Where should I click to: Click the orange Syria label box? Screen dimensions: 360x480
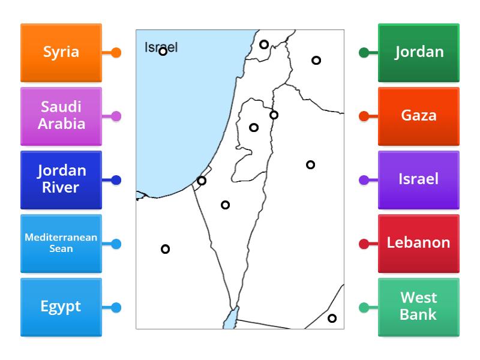pyautogui.click(x=61, y=52)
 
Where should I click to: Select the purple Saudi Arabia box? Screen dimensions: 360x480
pyautogui.click(x=61, y=116)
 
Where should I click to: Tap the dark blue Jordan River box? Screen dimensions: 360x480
pyautogui.click(x=61, y=179)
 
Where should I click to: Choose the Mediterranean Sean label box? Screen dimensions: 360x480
pyautogui.click(x=61, y=243)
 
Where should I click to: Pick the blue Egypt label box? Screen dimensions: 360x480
pyautogui.click(x=61, y=307)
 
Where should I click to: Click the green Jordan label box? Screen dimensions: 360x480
pyautogui.click(x=419, y=52)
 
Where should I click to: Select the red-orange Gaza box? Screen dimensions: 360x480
pyautogui.click(x=419, y=116)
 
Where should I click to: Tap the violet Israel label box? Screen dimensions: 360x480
pyautogui.click(x=419, y=179)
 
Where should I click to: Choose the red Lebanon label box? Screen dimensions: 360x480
pyautogui.click(x=419, y=243)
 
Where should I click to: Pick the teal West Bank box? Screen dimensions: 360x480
pyautogui.click(x=419, y=307)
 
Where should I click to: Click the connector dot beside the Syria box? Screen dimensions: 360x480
pyautogui.click(x=116, y=53)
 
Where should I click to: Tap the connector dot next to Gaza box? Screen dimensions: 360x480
pyautogui.click(x=364, y=116)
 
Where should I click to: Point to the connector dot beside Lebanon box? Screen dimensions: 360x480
pyautogui.click(x=364, y=244)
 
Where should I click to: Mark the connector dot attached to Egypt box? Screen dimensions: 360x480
pyautogui.click(x=116, y=308)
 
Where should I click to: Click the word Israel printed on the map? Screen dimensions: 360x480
pyautogui.click(x=161, y=47)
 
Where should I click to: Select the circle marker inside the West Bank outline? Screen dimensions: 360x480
pyautogui.click(x=254, y=127)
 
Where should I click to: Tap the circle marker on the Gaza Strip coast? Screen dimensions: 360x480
pyautogui.click(x=202, y=181)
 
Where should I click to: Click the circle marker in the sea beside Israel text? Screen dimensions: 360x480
pyautogui.click(x=163, y=52)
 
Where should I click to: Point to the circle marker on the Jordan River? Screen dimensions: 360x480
pyautogui.click(x=274, y=115)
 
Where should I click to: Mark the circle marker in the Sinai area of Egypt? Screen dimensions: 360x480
pyautogui.click(x=165, y=249)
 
